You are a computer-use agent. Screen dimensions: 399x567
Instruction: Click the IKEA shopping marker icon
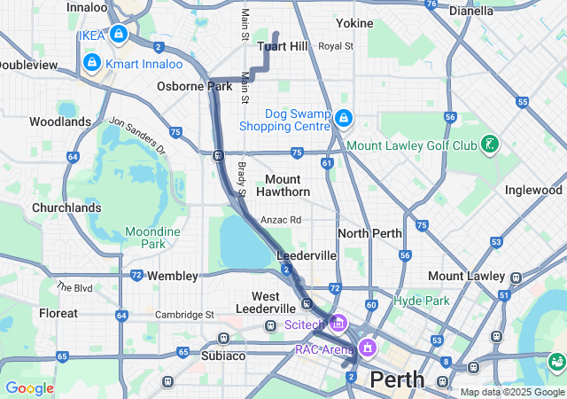click(x=118, y=35)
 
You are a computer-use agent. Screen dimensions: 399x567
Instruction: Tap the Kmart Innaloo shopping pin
click(x=91, y=63)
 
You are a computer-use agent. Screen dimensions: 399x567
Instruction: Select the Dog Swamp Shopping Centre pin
click(x=344, y=118)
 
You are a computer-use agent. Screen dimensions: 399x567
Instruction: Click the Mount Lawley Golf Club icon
click(x=488, y=144)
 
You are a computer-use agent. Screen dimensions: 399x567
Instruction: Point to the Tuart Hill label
click(x=282, y=46)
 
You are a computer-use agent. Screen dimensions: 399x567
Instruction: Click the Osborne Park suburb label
click(x=194, y=86)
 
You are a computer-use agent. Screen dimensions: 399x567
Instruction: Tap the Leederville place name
click(x=307, y=255)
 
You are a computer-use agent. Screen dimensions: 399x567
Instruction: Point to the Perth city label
click(x=397, y=379)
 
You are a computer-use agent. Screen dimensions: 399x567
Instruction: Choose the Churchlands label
click(x=66, y=208)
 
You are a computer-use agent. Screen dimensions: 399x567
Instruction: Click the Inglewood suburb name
click(x=533, y=190)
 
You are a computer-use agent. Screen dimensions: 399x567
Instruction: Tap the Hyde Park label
click(x=422, y=301)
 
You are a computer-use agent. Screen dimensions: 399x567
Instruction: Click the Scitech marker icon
click(x=337, y=324)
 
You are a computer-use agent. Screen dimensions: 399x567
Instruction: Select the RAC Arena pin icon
click(x=366, y=348)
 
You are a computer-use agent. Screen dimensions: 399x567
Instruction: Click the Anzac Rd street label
click(x=281, y=220)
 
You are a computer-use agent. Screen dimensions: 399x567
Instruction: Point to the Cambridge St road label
click(x=185, y=314)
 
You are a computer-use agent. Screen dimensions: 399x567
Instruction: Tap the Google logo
click(x=29, y=387)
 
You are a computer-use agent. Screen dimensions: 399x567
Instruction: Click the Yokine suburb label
click(x=354, y=23)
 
